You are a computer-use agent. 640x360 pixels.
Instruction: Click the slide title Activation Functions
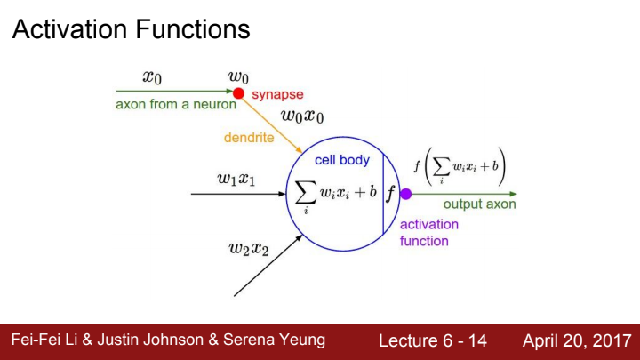point(131,30)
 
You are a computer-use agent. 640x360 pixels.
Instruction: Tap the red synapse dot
point(238,92)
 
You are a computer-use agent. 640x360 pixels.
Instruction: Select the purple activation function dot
point(405,194)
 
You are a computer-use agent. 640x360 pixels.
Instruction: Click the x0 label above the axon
point(152,77)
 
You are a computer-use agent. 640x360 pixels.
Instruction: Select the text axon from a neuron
point(176,104)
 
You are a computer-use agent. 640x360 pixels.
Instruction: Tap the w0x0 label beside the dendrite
point(302,116)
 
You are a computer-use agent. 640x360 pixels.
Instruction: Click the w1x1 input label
point(236,178)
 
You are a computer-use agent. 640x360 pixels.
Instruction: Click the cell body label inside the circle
point(341,160)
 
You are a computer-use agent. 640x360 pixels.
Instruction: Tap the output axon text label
point(479,204)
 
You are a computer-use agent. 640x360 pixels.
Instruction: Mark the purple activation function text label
point(428,232)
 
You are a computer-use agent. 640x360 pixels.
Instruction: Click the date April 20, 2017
point(576,340)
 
